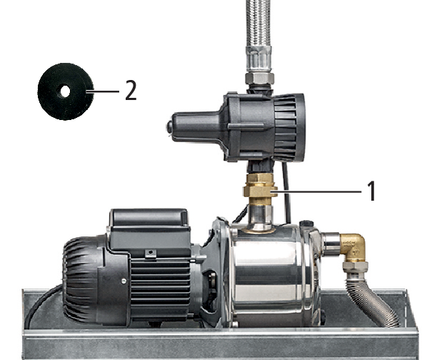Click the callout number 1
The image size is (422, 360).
point(371,191)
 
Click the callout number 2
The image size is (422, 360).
point(131,91)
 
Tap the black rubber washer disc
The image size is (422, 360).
point(66,91)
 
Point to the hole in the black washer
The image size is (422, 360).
point(65,91)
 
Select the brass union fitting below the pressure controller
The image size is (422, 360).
point(260,189)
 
